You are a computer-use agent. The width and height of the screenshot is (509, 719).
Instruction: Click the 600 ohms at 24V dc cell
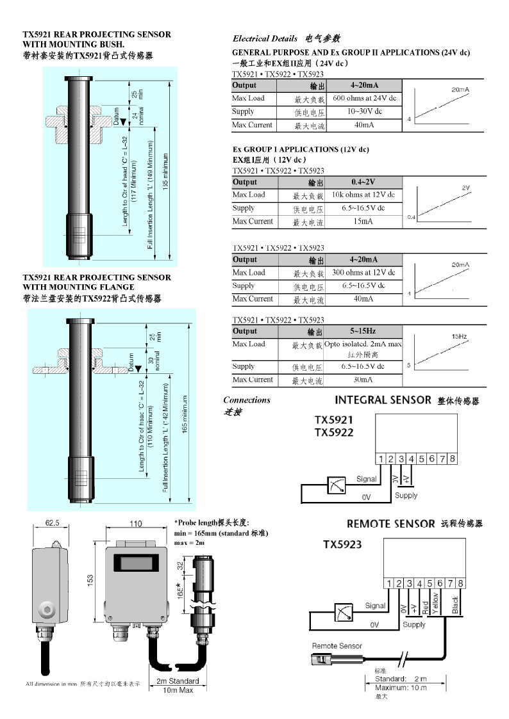tap(364, 99)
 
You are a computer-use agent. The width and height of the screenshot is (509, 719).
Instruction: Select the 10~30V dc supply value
tap(364, 111)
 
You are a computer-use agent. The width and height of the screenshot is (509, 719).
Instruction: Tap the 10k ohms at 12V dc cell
tap(363, 195)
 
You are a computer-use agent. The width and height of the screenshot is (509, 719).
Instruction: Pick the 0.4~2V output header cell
tap(363, 182)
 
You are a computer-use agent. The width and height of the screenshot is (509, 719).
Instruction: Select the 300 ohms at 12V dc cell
tap(363, 273)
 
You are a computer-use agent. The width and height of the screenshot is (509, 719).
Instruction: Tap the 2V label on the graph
tap(466, 188)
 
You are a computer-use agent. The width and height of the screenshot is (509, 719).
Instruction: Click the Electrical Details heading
tap(265, 38)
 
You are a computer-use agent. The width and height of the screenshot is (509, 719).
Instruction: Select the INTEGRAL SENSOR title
tap(383, 400)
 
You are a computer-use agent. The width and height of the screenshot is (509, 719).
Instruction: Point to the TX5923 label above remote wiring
tap(342, 545)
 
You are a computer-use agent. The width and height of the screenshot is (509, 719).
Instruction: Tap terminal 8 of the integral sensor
tap(452, 458)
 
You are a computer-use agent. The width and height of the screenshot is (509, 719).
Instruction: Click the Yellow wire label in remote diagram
tap(436, 603)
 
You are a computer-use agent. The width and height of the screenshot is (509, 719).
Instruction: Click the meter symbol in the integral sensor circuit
tap(337, 485)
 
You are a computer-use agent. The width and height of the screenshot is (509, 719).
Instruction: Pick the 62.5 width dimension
tap(53, 523)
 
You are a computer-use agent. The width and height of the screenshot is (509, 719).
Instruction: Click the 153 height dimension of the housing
tap(91, 579)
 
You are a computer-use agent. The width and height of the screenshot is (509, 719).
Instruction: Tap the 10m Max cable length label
tap(178, 690)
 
